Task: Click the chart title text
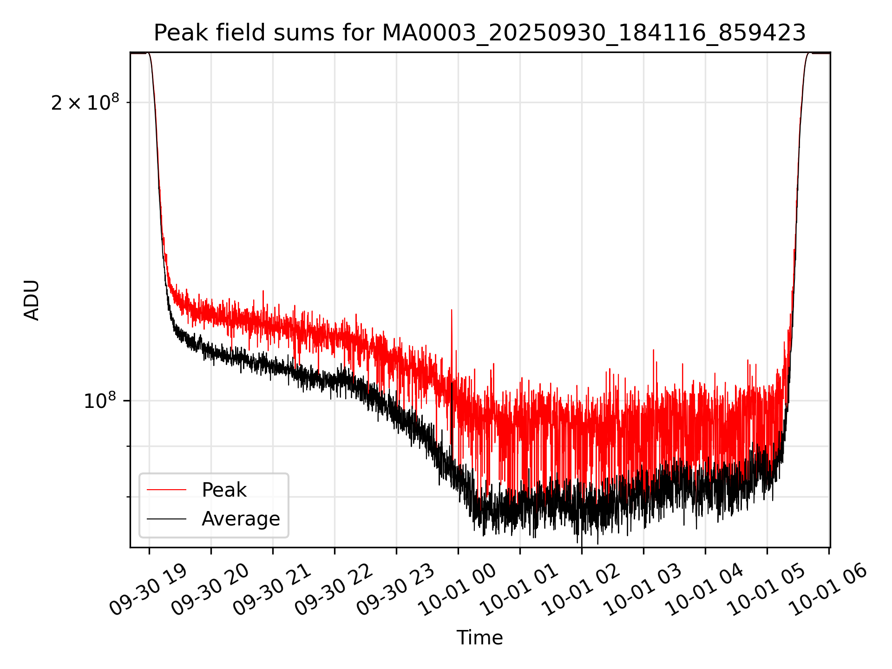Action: tap(479, 33)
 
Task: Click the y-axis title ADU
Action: tap(32, 300)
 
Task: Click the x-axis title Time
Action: tap(479, 637)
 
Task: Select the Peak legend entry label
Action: tap(224, 490)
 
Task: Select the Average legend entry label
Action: tap(241, 518)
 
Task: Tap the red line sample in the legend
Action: tap(166, 490)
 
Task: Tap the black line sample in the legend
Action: tap(166, 518)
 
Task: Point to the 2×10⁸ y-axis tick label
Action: tap(85, 103)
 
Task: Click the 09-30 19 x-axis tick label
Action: tap(148, 590)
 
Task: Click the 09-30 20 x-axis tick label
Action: tap(210, 590)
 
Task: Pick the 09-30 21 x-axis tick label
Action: tap(272, 590)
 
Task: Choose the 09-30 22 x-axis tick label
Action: tap(334, 590)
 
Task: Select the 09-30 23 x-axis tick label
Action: tap(395, 590)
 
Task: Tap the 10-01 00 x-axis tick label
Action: tap(457, 590)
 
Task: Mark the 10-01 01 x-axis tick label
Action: tap(519, 590)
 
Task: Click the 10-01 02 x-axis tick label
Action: tap(581, 590)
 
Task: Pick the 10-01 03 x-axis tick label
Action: tap(643, 590)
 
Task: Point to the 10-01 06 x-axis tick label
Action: tap(828, 590)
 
